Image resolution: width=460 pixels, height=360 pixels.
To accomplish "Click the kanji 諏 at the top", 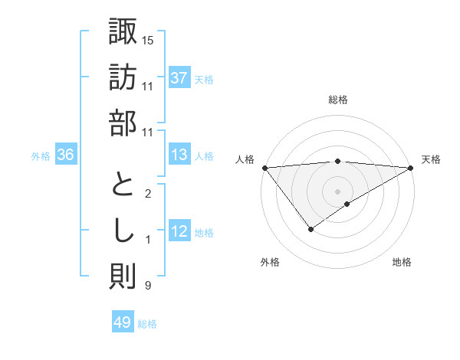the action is pyautogui.click(x=123, y=31).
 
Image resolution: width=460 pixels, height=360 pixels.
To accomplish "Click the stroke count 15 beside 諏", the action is pyautogui.click(x=148, y=40).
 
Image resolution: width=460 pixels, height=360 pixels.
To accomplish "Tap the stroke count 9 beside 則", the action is pyautogui.click(x=147, y=286).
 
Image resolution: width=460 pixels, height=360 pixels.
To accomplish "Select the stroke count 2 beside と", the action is pyautogui.click(x=147, y=194).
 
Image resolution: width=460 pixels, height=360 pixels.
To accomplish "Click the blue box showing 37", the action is pyautogui.click(x=179, y=78).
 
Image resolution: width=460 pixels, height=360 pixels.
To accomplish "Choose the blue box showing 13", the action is pyautogui.click(x=179, y=155).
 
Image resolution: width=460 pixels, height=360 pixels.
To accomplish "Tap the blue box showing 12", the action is pyautogui.click(x=179, y=232).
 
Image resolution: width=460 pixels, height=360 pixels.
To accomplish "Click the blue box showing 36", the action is pyautogui.click(x=66, y=155).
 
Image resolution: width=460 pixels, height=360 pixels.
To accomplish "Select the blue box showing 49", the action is pyautogui.click(x=123, y=322).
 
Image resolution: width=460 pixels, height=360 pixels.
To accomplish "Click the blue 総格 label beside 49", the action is pyautogui.click(x=147, y=324).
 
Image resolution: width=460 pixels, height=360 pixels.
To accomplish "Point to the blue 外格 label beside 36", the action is pyautogui.click(x=41, y=156).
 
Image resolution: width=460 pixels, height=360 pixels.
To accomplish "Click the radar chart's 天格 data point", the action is pyautogui.click(x=412, y=167).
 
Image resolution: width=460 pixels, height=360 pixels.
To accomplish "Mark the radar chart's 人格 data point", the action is pyautogui.click(x=264, y=167).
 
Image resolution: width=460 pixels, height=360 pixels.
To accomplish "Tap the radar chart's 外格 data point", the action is pyautogui.click(x=311, y=229).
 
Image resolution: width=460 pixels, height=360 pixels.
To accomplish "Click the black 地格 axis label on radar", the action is pyautogui.click(x=402, y=262).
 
